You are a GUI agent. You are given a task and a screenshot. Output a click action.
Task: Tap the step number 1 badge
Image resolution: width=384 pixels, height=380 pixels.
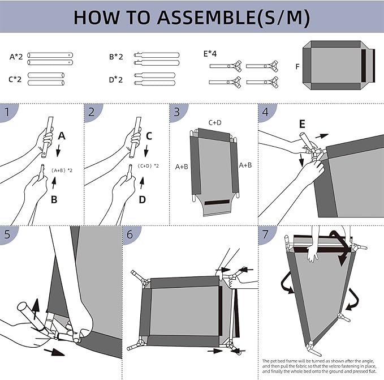click(7, 112)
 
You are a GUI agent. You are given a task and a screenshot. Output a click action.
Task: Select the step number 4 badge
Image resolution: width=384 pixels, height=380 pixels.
click(265, 112)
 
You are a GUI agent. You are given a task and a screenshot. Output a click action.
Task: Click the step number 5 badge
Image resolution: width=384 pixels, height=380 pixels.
click(7, 234)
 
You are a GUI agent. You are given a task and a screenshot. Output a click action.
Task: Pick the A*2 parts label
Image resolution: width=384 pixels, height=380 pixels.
click(16, 57)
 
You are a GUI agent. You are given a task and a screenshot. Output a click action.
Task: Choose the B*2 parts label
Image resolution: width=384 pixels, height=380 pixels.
click(116, 57)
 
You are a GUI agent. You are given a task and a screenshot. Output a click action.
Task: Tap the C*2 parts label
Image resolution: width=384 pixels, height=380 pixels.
click(15, 79)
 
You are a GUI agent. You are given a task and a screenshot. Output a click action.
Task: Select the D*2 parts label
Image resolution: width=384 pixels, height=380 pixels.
click(116, 79)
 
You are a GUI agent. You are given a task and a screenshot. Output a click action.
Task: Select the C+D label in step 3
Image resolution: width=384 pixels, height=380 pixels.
click(215, 122)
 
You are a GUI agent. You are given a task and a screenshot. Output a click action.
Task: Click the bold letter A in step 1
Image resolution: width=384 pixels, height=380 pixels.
click(63, 136)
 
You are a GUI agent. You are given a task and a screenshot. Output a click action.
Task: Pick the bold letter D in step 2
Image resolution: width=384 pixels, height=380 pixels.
click(143, 199)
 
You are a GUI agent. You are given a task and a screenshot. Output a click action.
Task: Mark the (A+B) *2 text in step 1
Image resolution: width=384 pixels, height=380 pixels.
click(62, 170)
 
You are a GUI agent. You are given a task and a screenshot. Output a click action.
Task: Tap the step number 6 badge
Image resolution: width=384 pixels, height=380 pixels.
click(130, 234)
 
